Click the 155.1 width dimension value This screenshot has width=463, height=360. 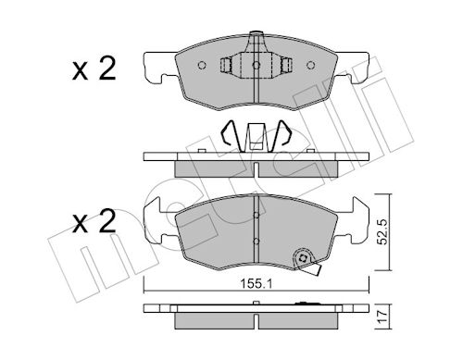pyautogui.click(x=257, y=284)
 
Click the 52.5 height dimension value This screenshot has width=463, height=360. pyautogui.click(x=382, y=231)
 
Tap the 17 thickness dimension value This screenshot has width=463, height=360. pyautogui.click(x=382, y=317)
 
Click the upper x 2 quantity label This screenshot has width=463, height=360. pyautogui.click(x=94, y=68)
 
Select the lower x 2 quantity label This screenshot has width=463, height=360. pyautogui.click(x=94, y=221)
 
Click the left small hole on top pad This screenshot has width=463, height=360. pyautogui.click(x=202, y=66)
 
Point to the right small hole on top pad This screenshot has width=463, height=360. pyautogui.click(x=310, y=66)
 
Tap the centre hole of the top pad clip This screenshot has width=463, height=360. pyautogui.click(x=257, y=66)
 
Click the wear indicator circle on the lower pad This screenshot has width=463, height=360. pyautogui.click(x=303, y=258)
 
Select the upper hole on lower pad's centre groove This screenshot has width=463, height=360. pyautogui.click(x=256, y=215)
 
